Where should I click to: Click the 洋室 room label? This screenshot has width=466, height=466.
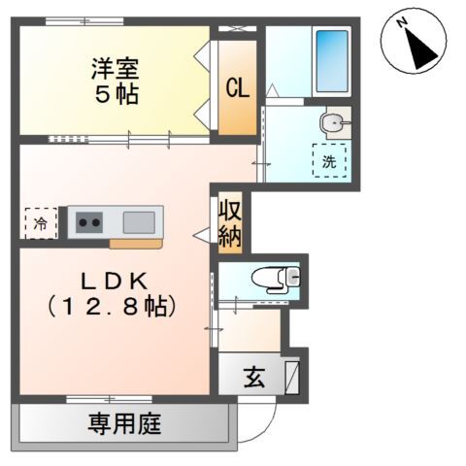[116, 70]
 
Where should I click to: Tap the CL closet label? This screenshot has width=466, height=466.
[237, 87]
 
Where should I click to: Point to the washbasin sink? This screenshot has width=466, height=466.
[332, 122]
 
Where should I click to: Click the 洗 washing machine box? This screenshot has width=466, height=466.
[329, 160]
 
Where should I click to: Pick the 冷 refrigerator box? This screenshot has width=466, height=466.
[40, 222]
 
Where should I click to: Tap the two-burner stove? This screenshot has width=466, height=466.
[90, 222]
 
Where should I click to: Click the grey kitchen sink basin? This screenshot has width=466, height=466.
[137, 221]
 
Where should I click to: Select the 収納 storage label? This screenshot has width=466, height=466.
[229, 223]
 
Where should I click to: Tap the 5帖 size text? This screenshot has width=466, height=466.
[116, 96]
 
